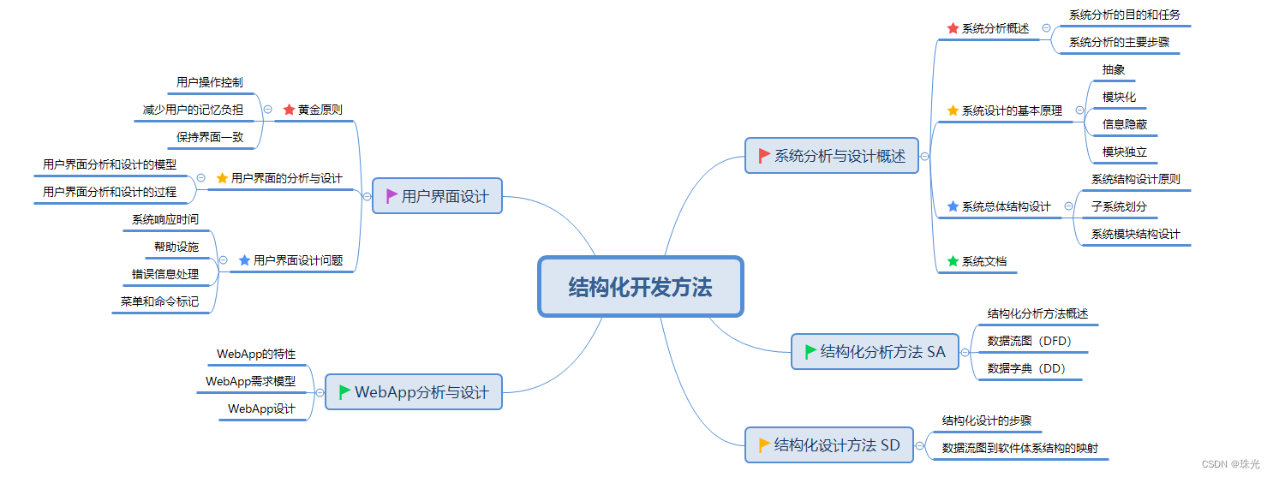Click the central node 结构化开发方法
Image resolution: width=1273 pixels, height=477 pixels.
coord(640,287)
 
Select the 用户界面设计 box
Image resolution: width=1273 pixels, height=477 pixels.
coord(437,196)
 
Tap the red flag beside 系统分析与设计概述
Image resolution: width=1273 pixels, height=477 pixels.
coord(764,156)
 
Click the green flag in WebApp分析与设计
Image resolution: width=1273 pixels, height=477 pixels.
coord(344,392)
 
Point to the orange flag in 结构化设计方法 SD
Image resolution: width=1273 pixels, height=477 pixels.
coord(764,445)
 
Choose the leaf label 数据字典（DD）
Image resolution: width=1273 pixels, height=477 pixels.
coord(1026,368)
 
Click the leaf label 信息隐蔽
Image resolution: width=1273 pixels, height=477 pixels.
coord(1124,124)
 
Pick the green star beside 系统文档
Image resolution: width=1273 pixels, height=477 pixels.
coord(953,261)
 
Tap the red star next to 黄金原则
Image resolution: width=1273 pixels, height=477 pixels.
coord(288,110)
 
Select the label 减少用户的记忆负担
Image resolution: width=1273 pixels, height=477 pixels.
coord(193,110)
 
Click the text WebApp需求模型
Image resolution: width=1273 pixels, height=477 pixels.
coord(250,381)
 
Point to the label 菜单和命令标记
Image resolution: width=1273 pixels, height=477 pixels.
coord(159,301)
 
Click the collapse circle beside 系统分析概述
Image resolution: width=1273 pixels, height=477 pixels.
coord(1046,28)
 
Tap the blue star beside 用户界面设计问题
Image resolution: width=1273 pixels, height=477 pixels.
coord(244,260)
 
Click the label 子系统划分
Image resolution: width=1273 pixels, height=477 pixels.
coord(1119,206)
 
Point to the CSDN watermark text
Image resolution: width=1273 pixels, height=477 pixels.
coord(1230,464)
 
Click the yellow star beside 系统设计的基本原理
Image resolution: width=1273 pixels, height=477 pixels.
coord(953,110)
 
